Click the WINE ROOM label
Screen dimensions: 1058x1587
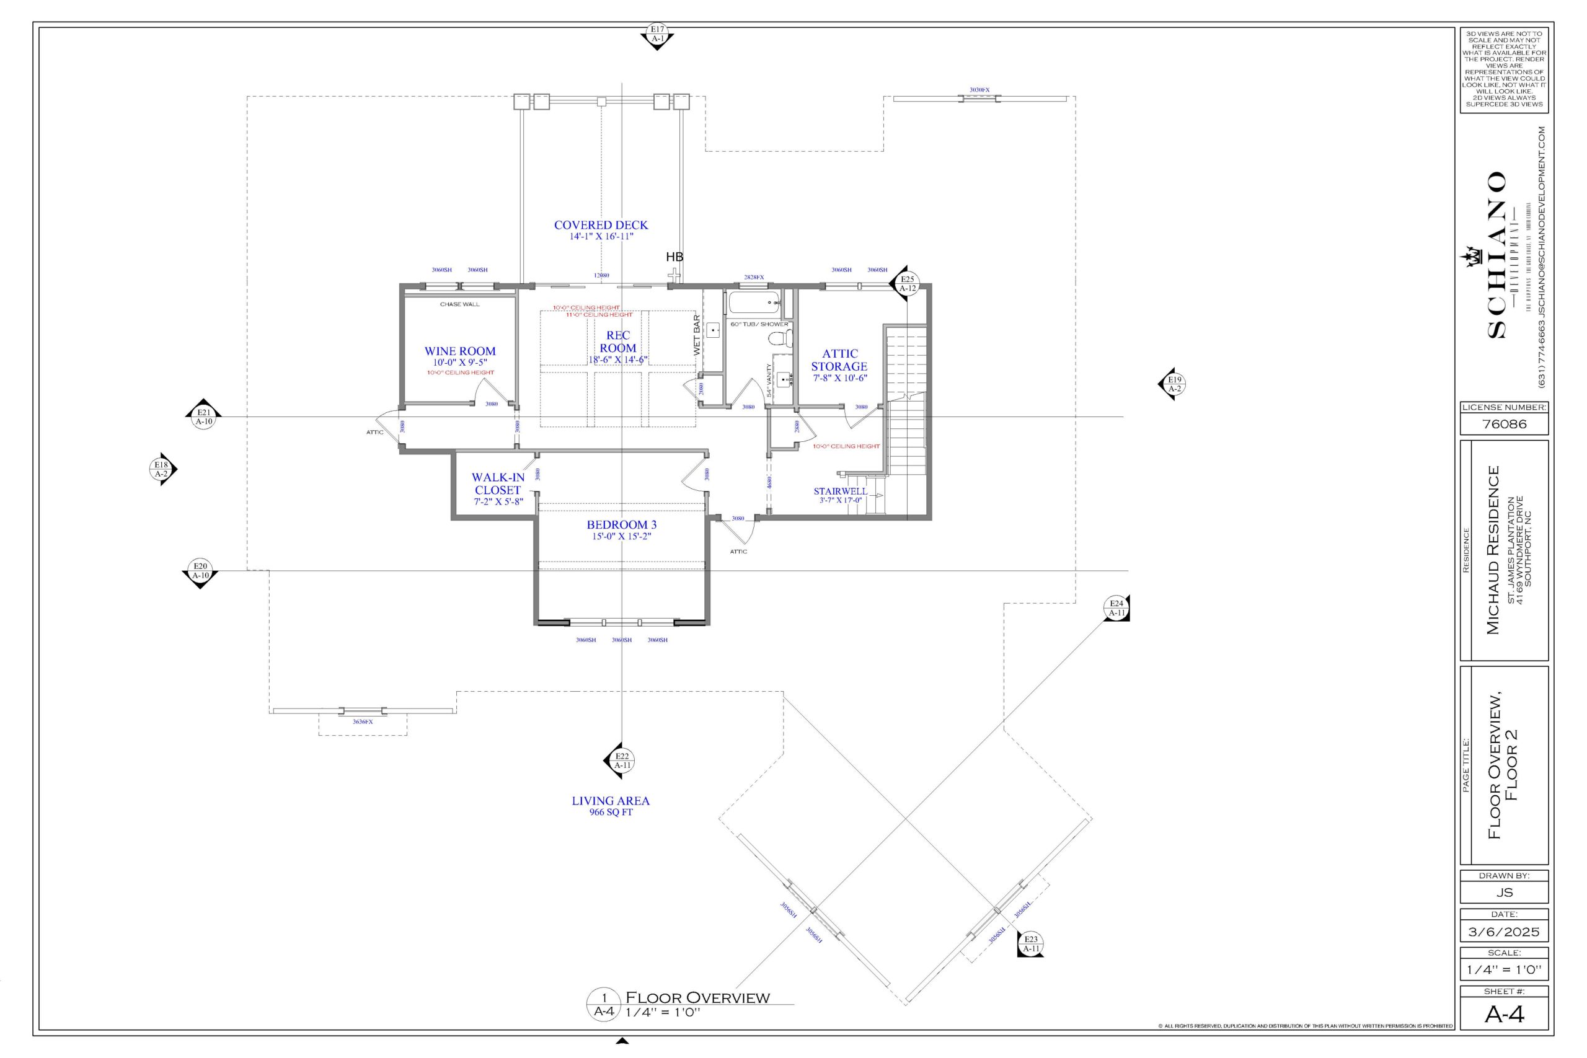click(x=459, y=351)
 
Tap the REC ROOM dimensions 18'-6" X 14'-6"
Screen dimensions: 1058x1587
click(x=618, y=359)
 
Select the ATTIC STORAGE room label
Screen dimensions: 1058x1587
click(x=839, y=359)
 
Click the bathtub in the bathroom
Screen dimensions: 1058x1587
click(x=754, y=302)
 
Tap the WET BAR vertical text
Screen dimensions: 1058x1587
click(x=697, y=335)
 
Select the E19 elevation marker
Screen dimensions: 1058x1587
click(x=1175, y=384)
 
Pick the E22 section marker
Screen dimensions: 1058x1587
click(x=621, y=760)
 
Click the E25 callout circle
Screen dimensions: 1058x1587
click(x=908, y=283)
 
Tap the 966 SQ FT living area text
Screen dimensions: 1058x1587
click(x=611, y=813)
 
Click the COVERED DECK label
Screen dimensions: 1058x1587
click(x=601, y=225)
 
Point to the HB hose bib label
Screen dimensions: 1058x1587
click(x=674, y=257)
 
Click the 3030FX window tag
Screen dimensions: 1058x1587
click(x=979, y=90)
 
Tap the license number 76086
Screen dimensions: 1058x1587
click(x=1503, y=424)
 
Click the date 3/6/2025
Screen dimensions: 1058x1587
click(x=1503, y=932)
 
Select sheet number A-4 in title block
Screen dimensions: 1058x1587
click(x=1504, y=1014)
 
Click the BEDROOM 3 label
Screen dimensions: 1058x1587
click(x=621, y=524)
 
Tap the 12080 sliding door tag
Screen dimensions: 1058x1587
click(x=601, y=275)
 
